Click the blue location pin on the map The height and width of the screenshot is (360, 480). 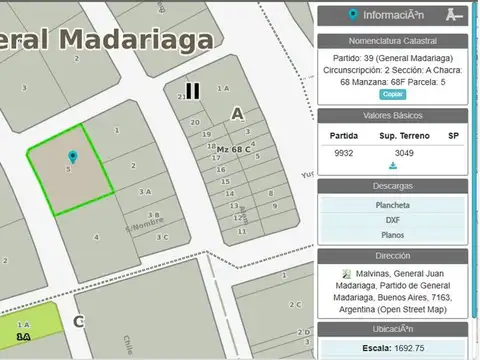pos(72,157)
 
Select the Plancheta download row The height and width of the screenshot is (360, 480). pos(393,205)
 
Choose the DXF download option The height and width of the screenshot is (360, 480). pos(393,220)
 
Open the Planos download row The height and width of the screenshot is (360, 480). pos(393,236)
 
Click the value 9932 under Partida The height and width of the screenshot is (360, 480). pos(344,152)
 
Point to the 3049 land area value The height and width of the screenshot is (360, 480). pos(404,152)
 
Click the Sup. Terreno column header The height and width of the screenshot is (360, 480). pos(402,135)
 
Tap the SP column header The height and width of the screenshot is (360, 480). pos(453,135)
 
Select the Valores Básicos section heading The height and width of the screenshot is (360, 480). pos(393,116)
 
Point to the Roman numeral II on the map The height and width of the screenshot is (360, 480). pos(192,91)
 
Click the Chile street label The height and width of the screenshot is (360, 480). pos(129,344)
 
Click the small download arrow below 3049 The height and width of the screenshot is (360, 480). pos(393,165)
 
